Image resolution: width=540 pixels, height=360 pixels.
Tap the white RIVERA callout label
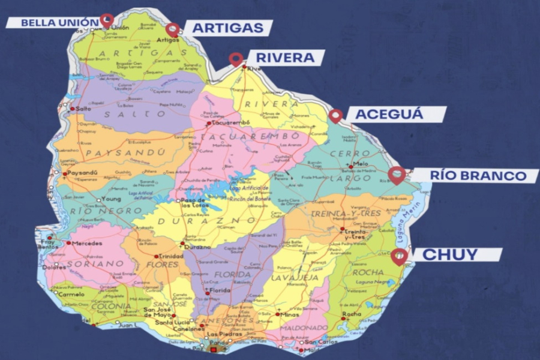click(x=285, y=58)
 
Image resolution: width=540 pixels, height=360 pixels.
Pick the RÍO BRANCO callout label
click(x=476, y=176)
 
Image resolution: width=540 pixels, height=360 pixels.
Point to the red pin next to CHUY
click(x=399, y=256)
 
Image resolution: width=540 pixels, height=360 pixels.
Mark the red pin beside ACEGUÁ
click(x=335, y=115)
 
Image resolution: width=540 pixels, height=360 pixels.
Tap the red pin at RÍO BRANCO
click(x=397, y=175)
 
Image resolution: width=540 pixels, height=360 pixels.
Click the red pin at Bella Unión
click(x=107, y=19)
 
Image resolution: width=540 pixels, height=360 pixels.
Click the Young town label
click(x=112, y=199)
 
